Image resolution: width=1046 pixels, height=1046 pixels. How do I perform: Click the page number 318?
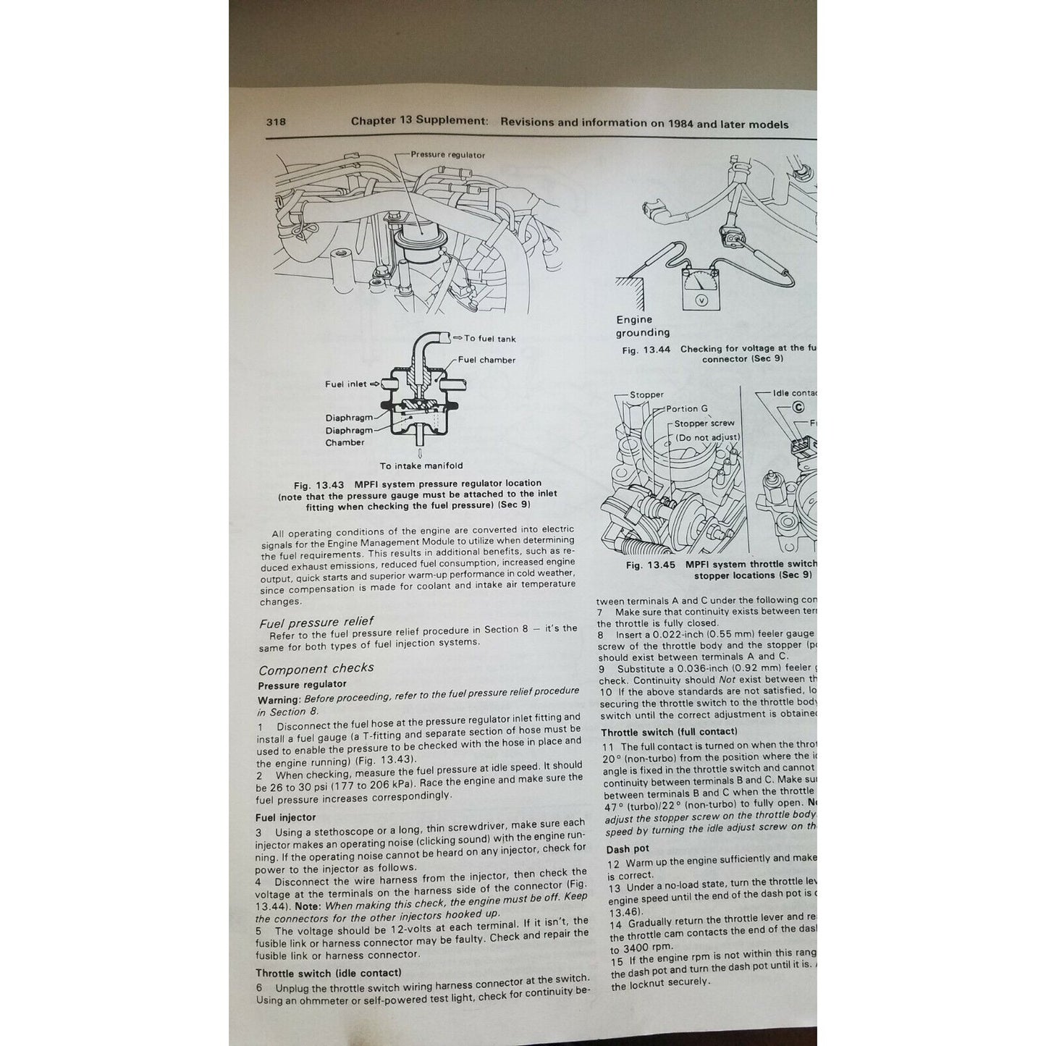(x=276, y=122)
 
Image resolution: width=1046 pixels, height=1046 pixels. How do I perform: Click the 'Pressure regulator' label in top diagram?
(x=447, y=154)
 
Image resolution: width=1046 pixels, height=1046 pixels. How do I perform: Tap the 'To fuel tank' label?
(x=489, y=338)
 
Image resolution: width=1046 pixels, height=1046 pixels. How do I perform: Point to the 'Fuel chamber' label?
(x=486, y=360)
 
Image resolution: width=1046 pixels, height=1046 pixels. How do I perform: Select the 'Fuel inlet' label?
(x=345, y=384)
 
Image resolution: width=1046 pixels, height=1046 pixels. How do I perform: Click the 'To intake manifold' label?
(x=421, y=465)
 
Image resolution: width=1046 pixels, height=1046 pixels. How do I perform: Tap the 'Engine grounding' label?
(x=641, y=326)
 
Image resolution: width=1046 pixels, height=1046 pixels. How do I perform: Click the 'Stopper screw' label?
(x=704, y=423)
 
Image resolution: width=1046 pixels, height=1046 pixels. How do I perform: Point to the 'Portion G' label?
(x=687, y=408)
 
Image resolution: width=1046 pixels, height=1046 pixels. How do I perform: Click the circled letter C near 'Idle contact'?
(x=798, y=407)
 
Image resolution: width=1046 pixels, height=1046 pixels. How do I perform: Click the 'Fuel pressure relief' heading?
(x=316, y=622)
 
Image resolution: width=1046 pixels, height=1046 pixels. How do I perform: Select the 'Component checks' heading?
(x=316, y=668)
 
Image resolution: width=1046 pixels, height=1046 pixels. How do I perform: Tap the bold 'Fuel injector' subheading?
(x=285, y=817)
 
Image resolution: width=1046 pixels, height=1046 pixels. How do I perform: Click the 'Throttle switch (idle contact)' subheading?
(x=328, y=972)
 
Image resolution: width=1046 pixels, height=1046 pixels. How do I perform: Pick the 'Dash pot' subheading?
(x=628, y=848)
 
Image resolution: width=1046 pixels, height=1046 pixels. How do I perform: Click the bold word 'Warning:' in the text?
(x=279, y=700)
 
